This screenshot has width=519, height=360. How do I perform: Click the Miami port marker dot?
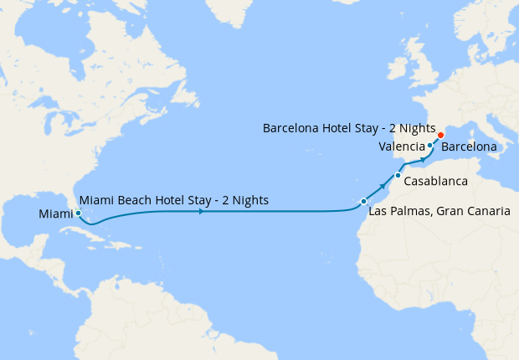click(x=77, y=213)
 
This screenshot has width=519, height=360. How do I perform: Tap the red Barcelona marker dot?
click(x=441, y=135)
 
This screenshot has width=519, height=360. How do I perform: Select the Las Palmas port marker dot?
click(x=363, y=202)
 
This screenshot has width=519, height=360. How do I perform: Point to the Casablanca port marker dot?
click(x=398, y=175)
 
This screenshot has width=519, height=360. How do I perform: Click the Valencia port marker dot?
click(x=429, y=147)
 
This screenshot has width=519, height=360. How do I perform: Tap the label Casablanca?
click(x=434, y=181)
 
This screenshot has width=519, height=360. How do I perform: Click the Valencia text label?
click(x=401, y=147)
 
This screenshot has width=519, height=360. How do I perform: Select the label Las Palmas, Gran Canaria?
click(x=439, y=212)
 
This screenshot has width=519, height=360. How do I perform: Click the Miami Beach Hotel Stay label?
click(x=173, y=200)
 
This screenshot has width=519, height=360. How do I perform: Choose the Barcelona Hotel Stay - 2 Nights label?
click(x=349, y=129)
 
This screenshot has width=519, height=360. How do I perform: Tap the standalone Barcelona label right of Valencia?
click(x=470, y=147)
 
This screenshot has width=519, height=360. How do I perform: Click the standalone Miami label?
click(x=55, y=215)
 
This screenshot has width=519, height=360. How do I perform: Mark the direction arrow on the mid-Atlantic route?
click(x=201, y=212)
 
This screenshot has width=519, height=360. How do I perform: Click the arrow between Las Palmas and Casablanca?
click(x=384, y=186)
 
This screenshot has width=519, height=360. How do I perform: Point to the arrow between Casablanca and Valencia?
click(x=422, y=162)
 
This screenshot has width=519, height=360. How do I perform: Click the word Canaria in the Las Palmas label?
click(x=486, y=212)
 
